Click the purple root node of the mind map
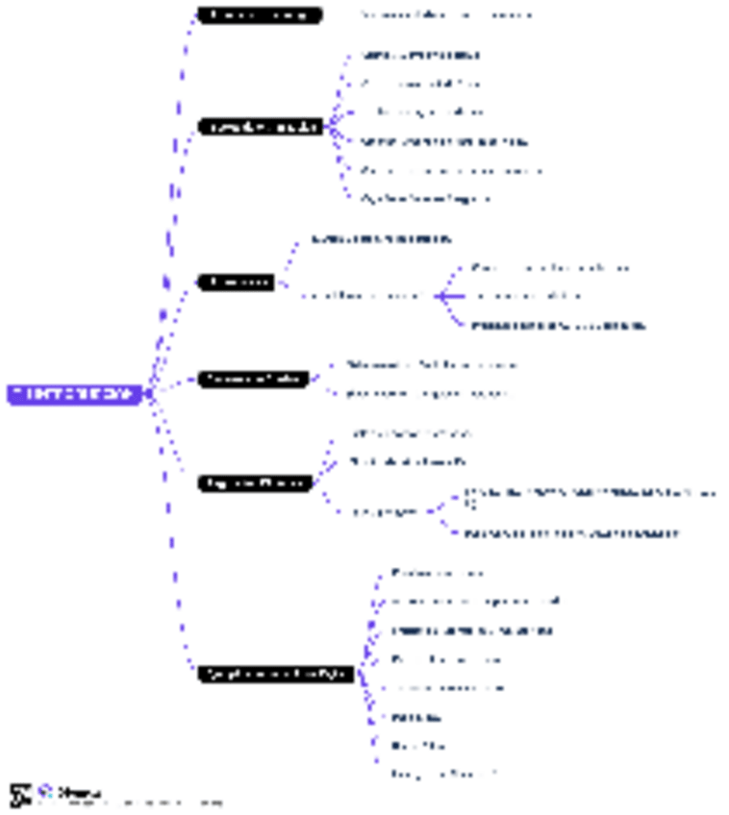tap(75, 394)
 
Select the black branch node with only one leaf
tap(259, 15)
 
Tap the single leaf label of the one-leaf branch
tap(445, 15)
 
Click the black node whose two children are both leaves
tap(253, 379)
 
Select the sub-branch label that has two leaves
tap(384, 511)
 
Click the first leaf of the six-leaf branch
tap(420, 56)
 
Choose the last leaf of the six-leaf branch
tap(425, 199)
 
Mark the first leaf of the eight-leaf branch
tap(437, 573)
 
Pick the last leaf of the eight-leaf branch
tap(443, 773)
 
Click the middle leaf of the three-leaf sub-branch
tap(527, 296)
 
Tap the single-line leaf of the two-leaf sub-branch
tap(571, 532)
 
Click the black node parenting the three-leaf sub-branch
tap(236, 282)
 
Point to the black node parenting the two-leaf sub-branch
tap(255, 483)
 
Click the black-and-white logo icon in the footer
tap(20, 795)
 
